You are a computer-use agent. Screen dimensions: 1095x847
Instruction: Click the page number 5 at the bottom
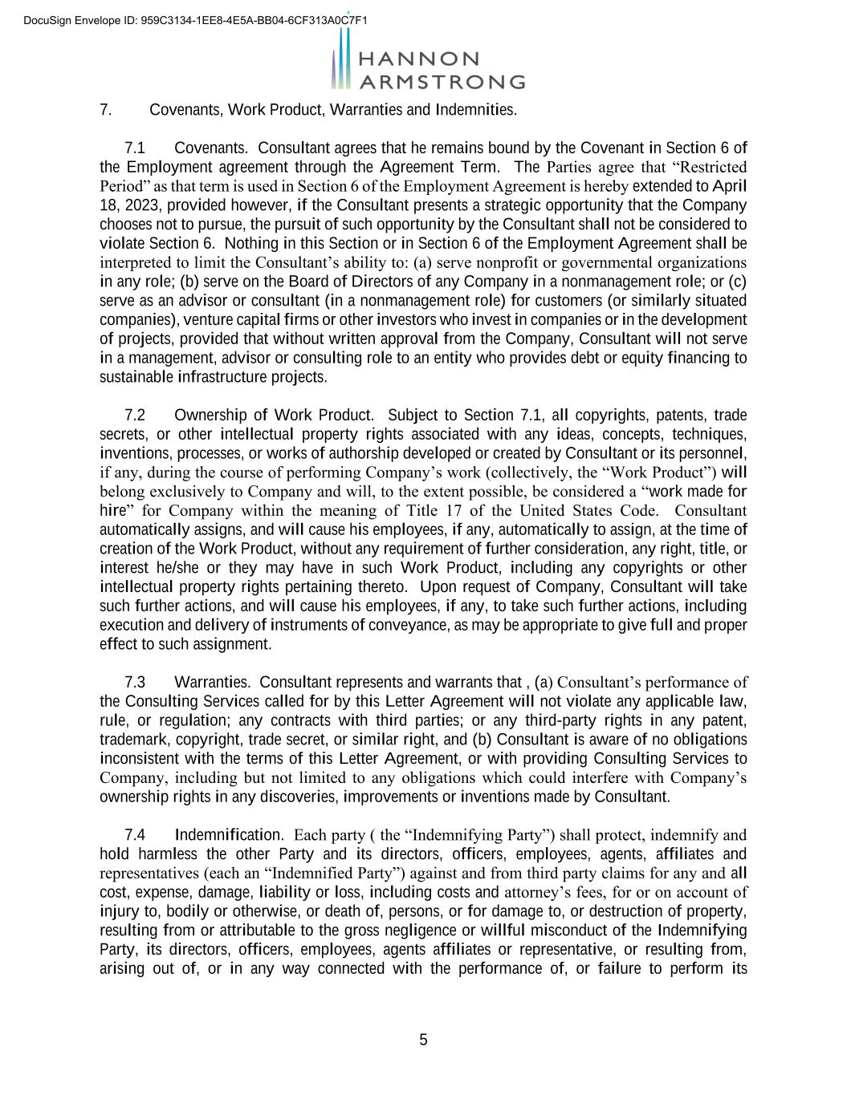click(423, 1040)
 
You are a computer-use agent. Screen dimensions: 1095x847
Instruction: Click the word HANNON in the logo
click(417, 59)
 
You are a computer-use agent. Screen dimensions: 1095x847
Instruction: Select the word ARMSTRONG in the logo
click(442, 82)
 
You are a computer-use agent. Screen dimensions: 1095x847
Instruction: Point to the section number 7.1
click(135, 148)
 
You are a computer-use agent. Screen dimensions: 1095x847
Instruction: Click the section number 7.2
click(135, 416)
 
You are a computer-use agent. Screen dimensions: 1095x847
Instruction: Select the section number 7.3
click(135, 683)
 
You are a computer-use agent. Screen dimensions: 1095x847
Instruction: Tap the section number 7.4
click(135, 835)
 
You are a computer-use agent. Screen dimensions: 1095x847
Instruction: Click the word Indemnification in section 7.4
click(228, 835)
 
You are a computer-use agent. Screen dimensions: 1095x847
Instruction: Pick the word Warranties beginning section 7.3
click(212, 683)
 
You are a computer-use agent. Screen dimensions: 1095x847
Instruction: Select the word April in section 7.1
click(730, 186)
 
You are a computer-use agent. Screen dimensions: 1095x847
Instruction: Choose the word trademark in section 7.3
click(132, 740)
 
